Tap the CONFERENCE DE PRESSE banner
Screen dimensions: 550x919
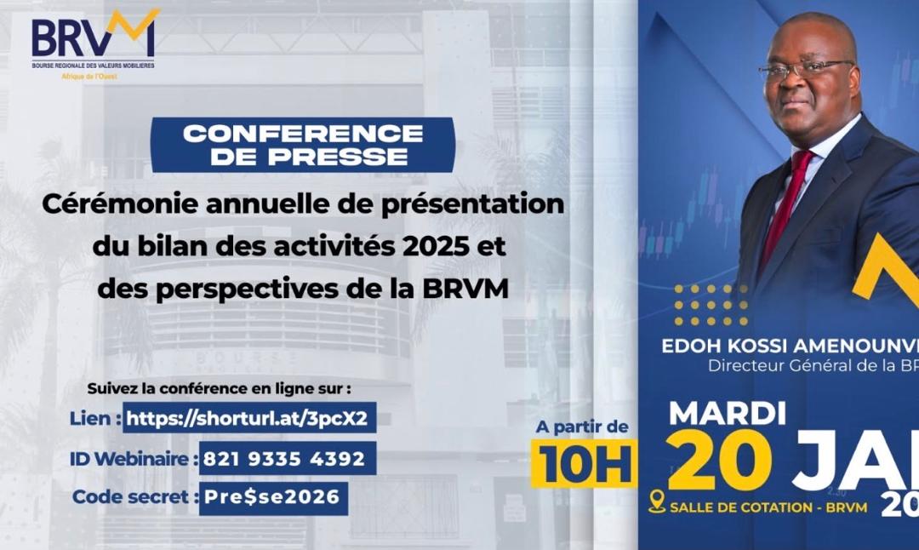coord(303,145)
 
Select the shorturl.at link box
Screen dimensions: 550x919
coord(250,418)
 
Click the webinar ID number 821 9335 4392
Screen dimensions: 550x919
coord(287,459)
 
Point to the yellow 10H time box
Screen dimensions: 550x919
coord(584,464)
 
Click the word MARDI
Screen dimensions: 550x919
coord(728,413)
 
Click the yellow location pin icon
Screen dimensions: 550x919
coord(656,501)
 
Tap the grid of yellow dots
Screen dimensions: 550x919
coord(711,305)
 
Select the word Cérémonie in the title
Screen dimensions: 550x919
coord(116,204)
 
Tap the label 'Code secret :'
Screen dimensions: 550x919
coord(135,497)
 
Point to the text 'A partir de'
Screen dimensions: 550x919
coord(583,426)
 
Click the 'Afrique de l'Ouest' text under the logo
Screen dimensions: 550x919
coord(89,77)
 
